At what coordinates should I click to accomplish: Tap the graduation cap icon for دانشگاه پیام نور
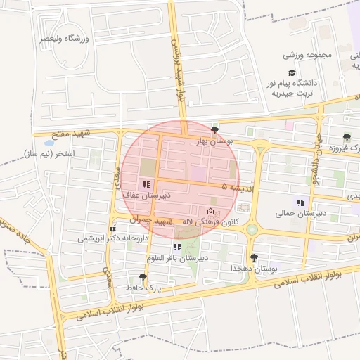(291, 72)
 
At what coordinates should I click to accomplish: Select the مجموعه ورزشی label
(302, 54)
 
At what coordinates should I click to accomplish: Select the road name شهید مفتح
(72, 134)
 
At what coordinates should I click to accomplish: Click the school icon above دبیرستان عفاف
(146, 184)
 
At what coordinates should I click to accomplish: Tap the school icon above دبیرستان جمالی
(301, 202)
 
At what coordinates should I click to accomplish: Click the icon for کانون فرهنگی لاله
(211, 212)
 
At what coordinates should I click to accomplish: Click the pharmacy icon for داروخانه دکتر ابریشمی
(112, 228)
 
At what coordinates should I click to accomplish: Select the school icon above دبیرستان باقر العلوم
(177, 247)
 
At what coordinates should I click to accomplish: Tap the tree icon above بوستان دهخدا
(253, 258)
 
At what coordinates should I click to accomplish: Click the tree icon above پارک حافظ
(143, 278)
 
